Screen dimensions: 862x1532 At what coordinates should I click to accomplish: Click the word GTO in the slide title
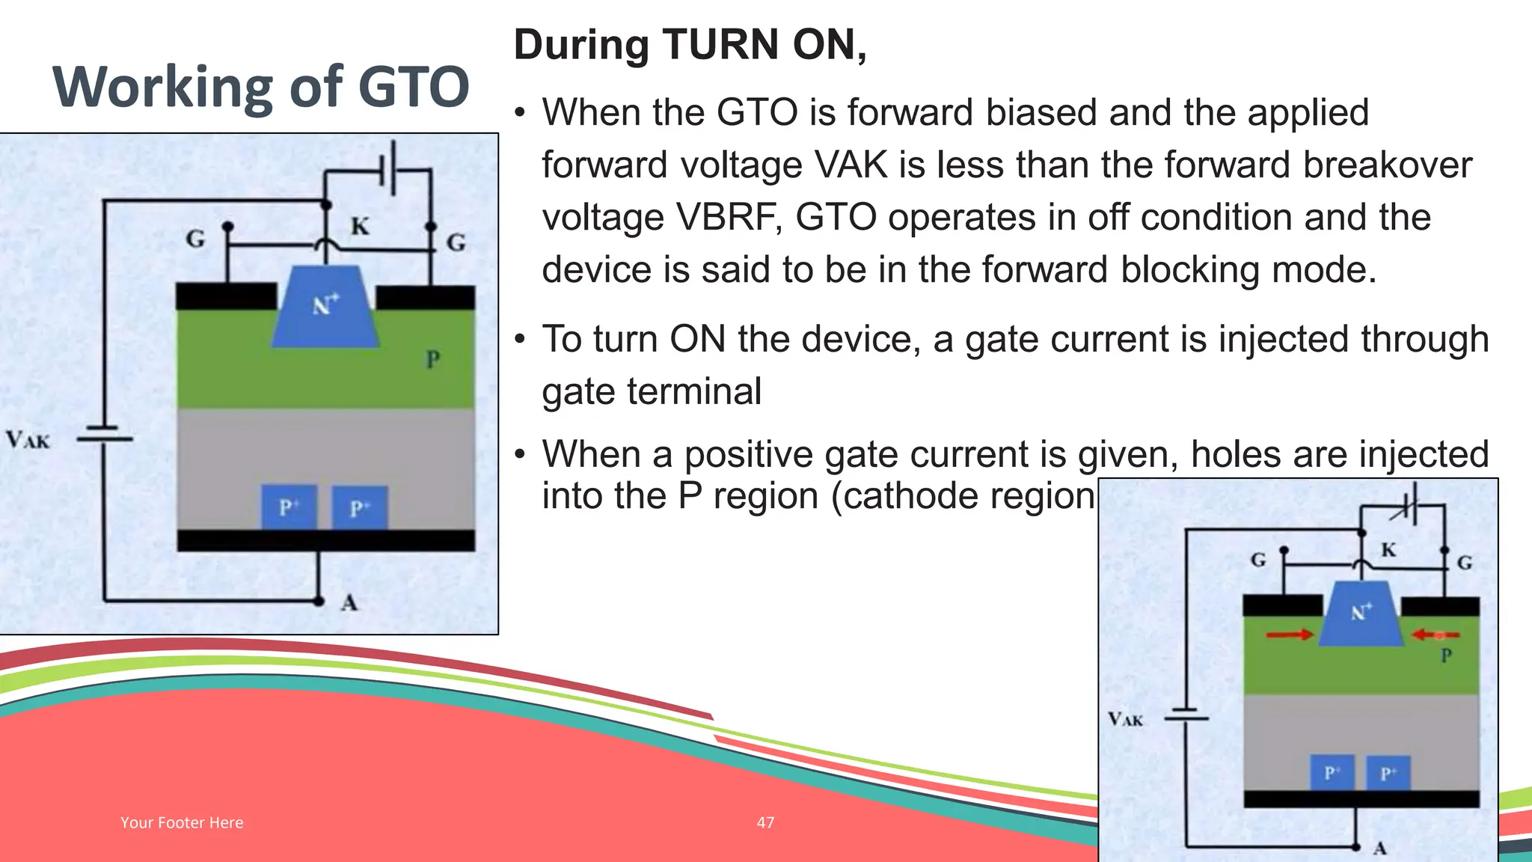(413, 87)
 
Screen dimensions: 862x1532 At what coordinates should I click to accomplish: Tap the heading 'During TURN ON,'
(690, 45)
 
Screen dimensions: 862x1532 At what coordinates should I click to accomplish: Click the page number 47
(765, 822)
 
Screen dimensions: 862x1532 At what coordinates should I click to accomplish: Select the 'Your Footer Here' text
(182, 822)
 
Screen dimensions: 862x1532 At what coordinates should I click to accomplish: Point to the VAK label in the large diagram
(28, 439)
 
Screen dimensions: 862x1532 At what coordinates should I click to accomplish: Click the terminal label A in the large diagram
(349, 602)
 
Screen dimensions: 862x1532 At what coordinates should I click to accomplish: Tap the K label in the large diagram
(360, 226)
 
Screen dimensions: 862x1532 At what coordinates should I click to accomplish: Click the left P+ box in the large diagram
(289, 507)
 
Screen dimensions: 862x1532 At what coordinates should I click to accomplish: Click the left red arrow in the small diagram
(1289, 635)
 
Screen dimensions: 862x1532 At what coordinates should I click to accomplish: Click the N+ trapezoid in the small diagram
(1361, 615)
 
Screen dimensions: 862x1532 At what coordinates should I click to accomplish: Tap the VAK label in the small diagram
(1125, 719)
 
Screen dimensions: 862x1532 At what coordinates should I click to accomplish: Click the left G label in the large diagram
(195, 239)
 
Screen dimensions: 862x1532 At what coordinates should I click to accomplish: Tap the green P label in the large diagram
(432, 360)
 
